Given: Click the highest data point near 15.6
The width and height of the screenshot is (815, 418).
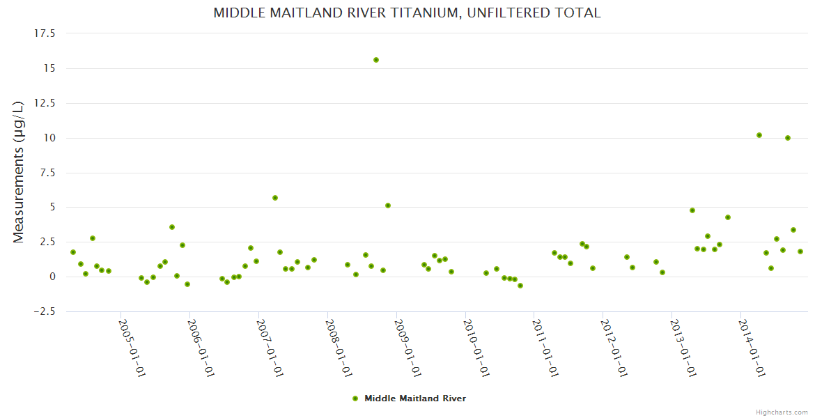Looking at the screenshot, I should [x=376, y=60].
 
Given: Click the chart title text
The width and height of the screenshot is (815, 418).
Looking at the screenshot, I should [x=407, y=13].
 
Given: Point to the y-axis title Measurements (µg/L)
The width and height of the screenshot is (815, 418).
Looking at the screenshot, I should [x=19, y=172].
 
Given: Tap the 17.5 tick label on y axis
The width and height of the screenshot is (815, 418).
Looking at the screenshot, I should [x=45, y=33].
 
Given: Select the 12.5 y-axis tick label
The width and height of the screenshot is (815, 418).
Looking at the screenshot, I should [x=45, y=103].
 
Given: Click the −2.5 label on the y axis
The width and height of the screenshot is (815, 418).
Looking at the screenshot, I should [x=44, y=311].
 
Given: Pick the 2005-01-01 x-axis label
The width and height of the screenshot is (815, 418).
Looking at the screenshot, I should [x=132, y=348].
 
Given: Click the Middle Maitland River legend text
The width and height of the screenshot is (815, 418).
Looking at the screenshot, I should [x=415, y=398].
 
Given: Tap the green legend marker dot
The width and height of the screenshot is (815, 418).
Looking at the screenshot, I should [x=355, y=398].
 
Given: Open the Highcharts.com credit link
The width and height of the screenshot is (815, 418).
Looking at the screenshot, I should [x=782, y=412].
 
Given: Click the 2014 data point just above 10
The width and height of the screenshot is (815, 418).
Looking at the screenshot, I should [x=759, y=135].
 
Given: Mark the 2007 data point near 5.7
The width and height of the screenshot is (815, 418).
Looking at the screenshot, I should [x=275, y=198].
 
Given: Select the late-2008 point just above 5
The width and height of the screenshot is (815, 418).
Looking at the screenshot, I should [x=388, y=206].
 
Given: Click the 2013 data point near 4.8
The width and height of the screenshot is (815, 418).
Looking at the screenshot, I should [x=692, y=210].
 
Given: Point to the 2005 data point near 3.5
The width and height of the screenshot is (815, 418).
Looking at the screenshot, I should [x=172, y=227].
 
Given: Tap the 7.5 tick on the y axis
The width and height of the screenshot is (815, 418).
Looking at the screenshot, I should [x=48, y=173].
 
